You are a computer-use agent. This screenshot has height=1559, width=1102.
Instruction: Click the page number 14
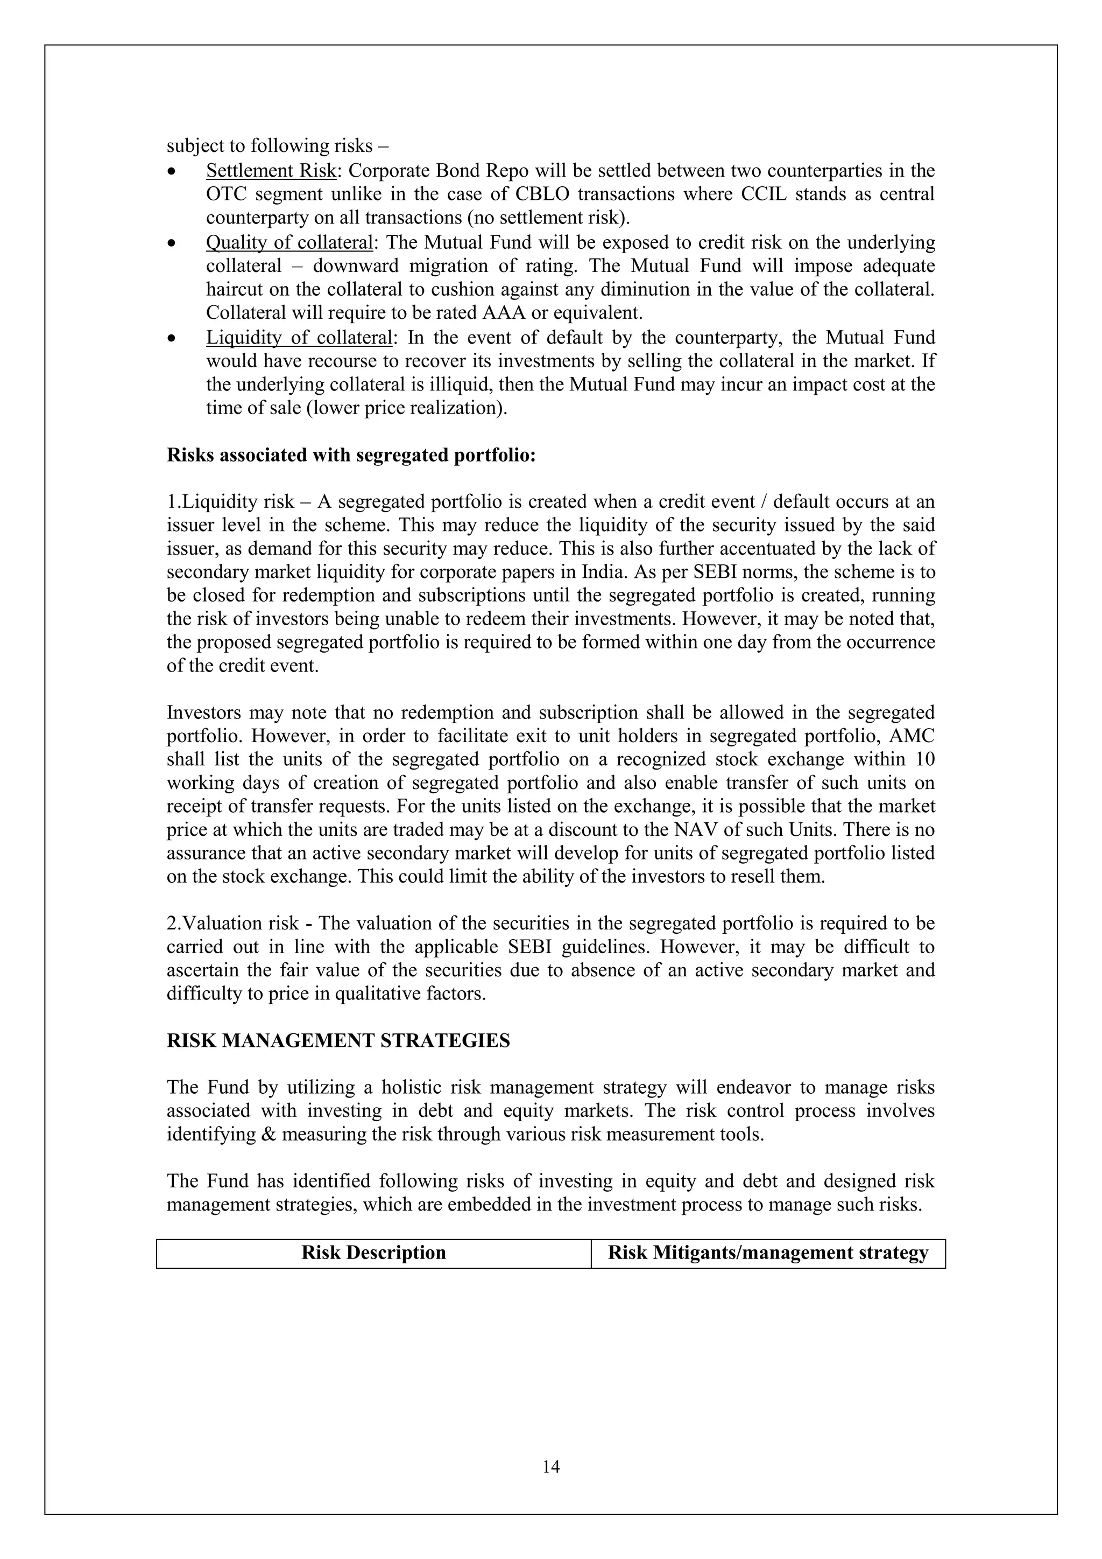click(551, 1467)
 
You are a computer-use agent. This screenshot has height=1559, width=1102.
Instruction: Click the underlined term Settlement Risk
click(271, 170)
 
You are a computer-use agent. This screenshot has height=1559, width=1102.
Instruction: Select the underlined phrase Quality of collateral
click(289, 242)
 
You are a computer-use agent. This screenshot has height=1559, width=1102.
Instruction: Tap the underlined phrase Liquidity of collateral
click(299, 338)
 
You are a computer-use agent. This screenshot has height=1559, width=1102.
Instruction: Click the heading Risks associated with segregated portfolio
click(351, 455)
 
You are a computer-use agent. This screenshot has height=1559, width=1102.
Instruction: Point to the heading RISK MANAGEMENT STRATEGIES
click(338, 1041)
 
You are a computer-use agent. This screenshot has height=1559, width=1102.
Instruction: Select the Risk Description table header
click(373, 1253)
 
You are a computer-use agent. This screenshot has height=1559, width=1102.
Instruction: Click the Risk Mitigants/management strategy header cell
click(767, 1253)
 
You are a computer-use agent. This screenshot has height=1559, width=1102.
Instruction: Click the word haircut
click(236, 290)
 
